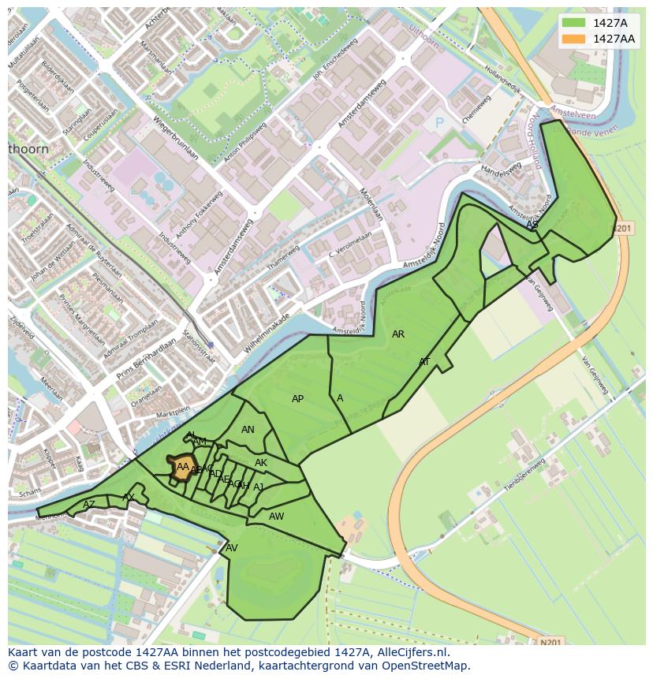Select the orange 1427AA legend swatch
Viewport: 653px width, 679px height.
pos(573,39)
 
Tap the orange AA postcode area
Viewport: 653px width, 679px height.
pos(181,466)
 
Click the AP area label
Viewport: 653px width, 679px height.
pos(297,399)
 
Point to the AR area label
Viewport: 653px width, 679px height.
pos(398,334)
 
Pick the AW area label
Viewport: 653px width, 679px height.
pos(276,517)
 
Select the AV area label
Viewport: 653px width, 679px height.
pos(232,548)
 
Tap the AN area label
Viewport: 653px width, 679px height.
pos(248,430)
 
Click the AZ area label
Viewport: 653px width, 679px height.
pos(89,505)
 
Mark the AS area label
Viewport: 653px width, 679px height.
pos(532,225)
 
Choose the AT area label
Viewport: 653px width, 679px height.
pos(424,362)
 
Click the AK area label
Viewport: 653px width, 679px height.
pos(261,463)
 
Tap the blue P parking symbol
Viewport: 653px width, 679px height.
pos(439,124)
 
